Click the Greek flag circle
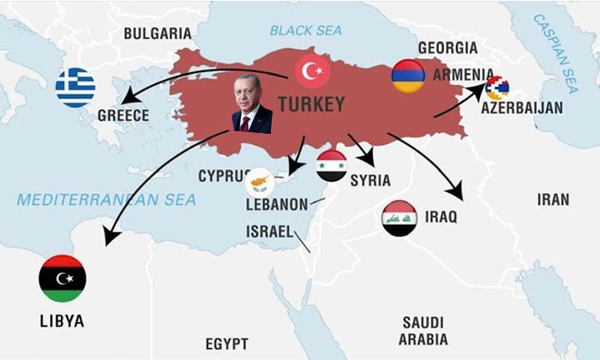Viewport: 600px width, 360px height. (75, 88)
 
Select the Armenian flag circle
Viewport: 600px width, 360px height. (408, 76)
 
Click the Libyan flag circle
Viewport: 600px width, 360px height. (62, 278)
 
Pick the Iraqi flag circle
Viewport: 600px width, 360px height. (399, 219)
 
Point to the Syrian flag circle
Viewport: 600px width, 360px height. (332, 165)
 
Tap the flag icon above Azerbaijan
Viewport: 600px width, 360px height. (496, 87)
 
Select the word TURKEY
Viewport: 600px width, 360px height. (311, 105)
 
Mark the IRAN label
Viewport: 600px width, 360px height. (552, 200)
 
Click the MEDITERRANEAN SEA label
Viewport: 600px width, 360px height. (107, 200)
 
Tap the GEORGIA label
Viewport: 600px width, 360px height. (447, 48)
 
